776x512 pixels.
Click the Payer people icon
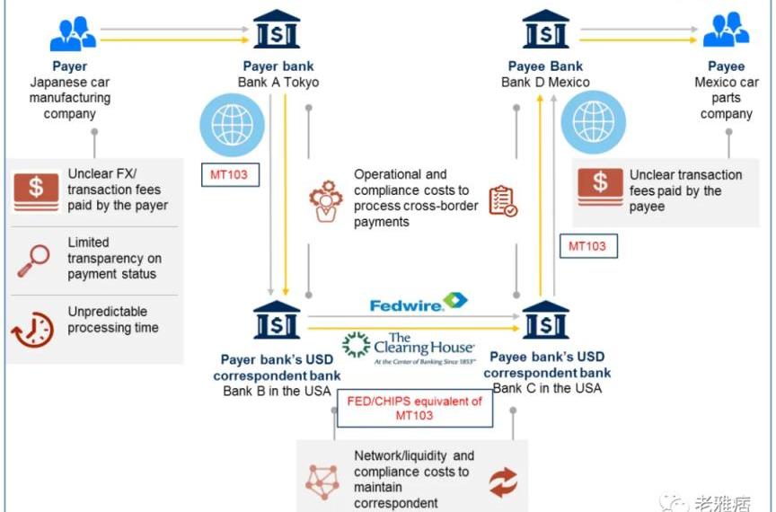coord(71,33)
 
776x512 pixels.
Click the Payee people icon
coord(725,31)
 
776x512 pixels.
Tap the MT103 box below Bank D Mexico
coord(587,246)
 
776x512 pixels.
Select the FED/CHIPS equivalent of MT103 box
coord(414,409)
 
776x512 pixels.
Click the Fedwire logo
coord(418,303)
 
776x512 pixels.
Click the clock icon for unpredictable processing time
coord(32,330)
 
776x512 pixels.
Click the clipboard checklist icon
coord(502,201)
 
